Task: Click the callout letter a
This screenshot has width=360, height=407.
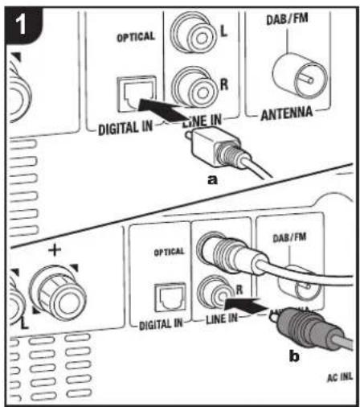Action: coord(212,181)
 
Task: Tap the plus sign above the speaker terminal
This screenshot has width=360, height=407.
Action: coord(55,251)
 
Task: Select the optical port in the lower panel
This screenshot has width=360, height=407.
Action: coord(170,298)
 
